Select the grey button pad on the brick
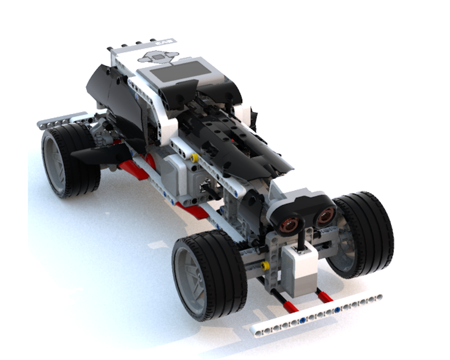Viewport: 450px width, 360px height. point(157,57)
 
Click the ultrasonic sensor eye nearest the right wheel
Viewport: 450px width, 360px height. point(325,217)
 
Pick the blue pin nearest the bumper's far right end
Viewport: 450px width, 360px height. point(337,310)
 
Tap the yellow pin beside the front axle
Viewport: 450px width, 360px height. point(265,265)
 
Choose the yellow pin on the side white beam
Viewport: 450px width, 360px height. point(194,158)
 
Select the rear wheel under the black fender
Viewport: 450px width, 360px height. point(70,160)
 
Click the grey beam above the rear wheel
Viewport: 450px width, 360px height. point(61,119)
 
